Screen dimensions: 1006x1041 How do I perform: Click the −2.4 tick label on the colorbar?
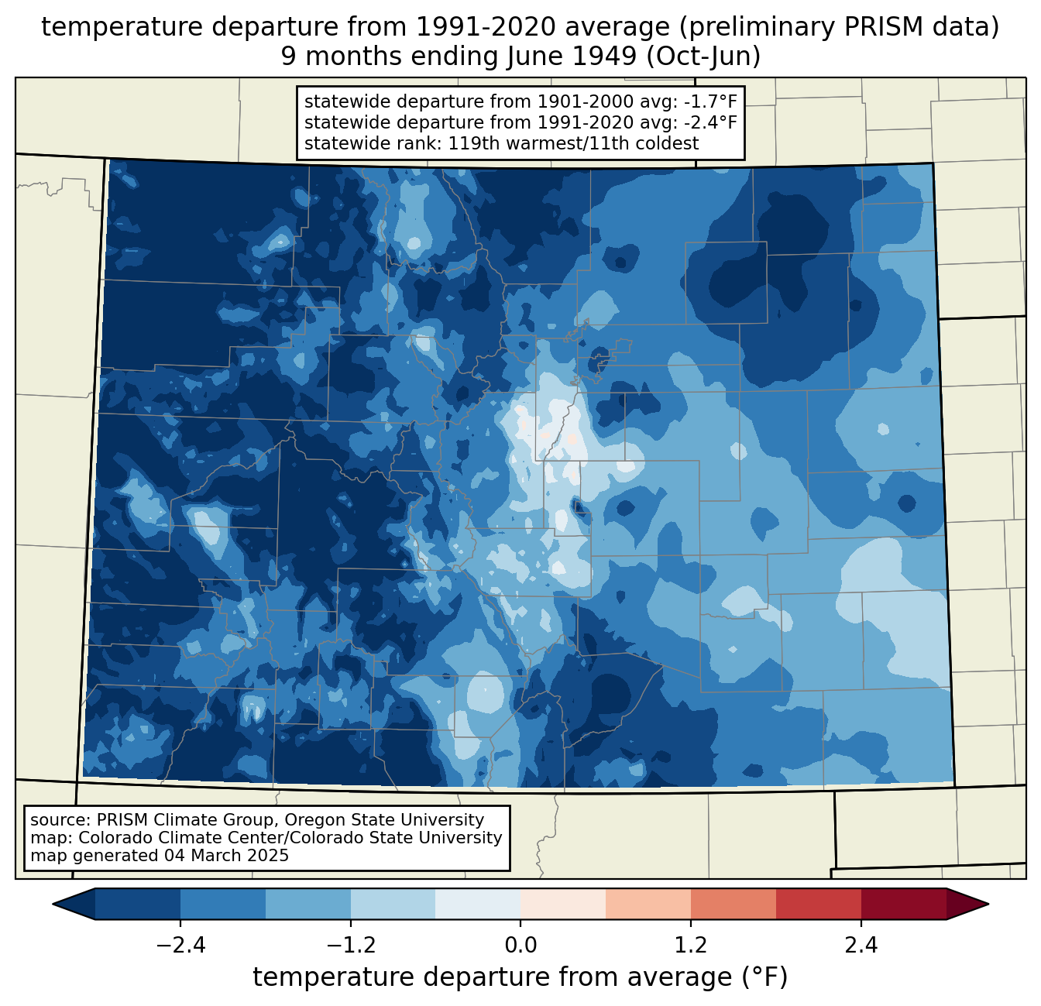(180, 946)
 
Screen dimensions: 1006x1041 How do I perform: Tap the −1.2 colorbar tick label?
(350, 946)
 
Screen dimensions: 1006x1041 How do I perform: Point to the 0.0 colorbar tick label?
(520, 946)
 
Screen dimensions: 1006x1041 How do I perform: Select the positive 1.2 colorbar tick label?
(690, 946)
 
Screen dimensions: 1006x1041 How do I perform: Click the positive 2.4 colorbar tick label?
(861, 946)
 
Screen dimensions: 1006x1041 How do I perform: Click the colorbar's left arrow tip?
(55, 904)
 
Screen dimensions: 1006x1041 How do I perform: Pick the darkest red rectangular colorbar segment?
(903, 904)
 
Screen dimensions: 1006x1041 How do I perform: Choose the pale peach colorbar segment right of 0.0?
(563, 904)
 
